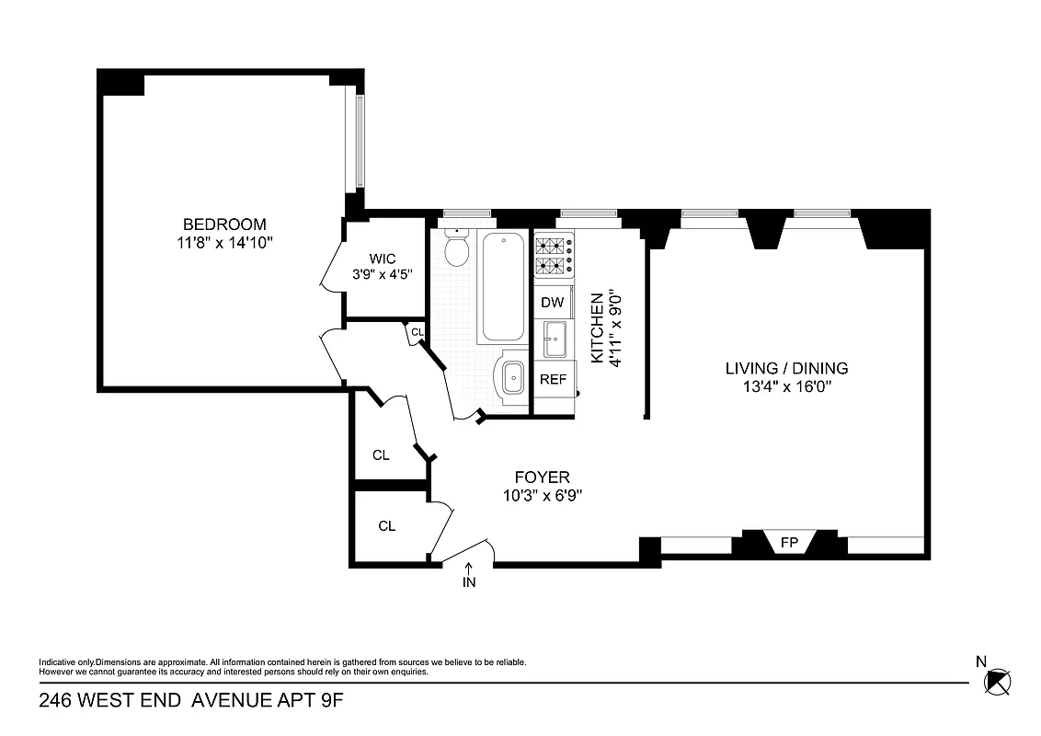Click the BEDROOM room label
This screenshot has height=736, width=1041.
[224, 224]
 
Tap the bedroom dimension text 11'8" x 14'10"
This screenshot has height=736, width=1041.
[224, 242]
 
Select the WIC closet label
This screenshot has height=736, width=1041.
[383, 259]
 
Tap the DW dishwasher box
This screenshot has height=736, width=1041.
[552, 303]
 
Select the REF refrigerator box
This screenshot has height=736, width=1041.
[552, 379]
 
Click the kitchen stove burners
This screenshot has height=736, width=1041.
[550, 256]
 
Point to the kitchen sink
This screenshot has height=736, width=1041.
[555, 339]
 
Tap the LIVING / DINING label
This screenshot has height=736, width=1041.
[786, 369]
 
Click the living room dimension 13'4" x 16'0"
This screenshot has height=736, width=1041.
[786, 386]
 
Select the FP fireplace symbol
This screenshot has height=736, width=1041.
[788, 543]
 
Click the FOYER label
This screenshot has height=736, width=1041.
[542, 477]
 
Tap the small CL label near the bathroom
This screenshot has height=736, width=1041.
[417, 332]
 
